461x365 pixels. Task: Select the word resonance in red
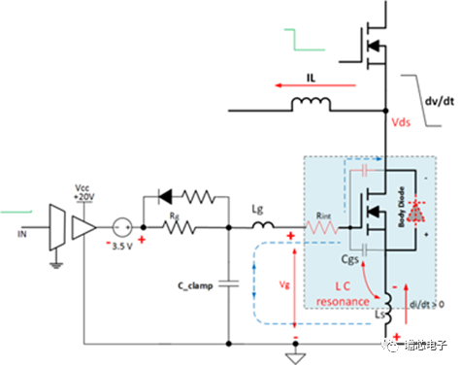pos(344,302)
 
